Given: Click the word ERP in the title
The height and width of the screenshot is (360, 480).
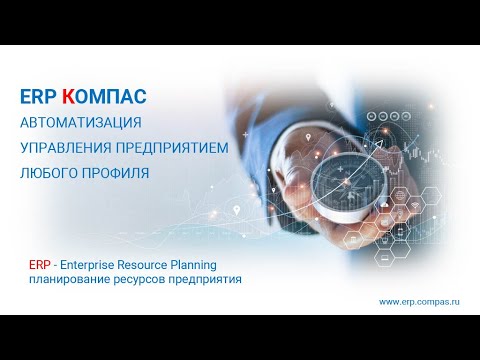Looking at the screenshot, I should click(37, 97).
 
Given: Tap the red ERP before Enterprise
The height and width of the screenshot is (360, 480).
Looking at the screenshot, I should click(42, 265).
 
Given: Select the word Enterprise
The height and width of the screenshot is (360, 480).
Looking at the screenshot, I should click(91, 265).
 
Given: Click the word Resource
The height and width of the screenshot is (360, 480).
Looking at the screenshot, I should click(150, 265).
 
